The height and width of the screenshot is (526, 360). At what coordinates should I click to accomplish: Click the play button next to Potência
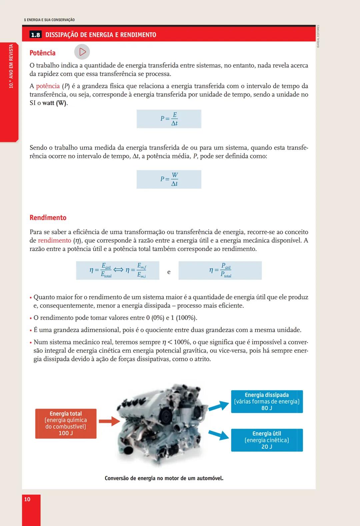[82, 52]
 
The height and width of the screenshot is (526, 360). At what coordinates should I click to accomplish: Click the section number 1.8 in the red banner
[35, 35]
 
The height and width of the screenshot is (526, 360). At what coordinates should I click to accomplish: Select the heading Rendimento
[48, 218]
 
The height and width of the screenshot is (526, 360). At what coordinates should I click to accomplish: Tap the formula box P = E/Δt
[169, 119]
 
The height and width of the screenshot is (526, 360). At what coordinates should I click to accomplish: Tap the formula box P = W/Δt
[169, 179]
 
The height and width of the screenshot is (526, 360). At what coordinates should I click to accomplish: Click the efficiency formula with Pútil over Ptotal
[220, 270]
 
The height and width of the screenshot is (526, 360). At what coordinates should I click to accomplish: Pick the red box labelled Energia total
[66, 423]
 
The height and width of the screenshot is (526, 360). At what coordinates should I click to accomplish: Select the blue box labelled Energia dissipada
[267, 401]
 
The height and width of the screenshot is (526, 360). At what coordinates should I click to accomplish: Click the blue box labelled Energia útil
[267, 440]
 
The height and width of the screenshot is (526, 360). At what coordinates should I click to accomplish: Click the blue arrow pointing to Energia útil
[219, 434]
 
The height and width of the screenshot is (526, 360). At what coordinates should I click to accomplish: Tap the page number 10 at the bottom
[27, 499]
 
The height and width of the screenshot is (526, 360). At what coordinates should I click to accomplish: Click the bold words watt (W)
[55, 103]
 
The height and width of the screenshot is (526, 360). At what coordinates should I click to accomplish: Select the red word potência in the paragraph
[48, 86]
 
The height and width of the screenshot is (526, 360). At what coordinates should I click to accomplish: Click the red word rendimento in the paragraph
[54, 240]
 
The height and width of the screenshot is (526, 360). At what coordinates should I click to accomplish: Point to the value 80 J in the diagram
[267, 408]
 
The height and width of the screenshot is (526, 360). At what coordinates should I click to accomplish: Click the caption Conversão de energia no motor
[164, 478]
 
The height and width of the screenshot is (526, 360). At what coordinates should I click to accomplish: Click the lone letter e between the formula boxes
[169, 272]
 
